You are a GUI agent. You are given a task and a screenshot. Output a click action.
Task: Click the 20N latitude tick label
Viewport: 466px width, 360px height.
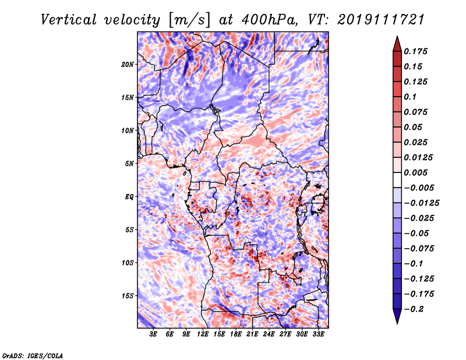click(x=128, y=64)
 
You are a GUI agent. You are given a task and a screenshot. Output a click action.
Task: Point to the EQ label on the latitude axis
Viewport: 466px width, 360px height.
click(x=129, y=197)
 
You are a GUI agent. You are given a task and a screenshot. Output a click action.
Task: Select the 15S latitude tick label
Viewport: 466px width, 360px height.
click(x=128, y=296)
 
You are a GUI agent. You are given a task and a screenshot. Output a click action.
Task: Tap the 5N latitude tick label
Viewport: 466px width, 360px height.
click(x=129, y=164)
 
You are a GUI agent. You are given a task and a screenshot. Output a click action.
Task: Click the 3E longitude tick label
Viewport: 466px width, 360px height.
click(x=154, y=335)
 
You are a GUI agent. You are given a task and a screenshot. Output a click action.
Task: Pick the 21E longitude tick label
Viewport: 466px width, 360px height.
click(x=252, y=335)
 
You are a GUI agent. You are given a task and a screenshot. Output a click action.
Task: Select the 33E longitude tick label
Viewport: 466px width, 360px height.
click(x=318, y=335)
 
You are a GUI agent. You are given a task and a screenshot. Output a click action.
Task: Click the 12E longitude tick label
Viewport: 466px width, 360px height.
click(x=203, y=335)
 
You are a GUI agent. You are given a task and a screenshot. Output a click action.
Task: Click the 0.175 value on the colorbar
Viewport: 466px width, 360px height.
click(x=417, y=51)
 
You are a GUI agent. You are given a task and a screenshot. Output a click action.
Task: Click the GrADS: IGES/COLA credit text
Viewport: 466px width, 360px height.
click(x=32, y=354)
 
